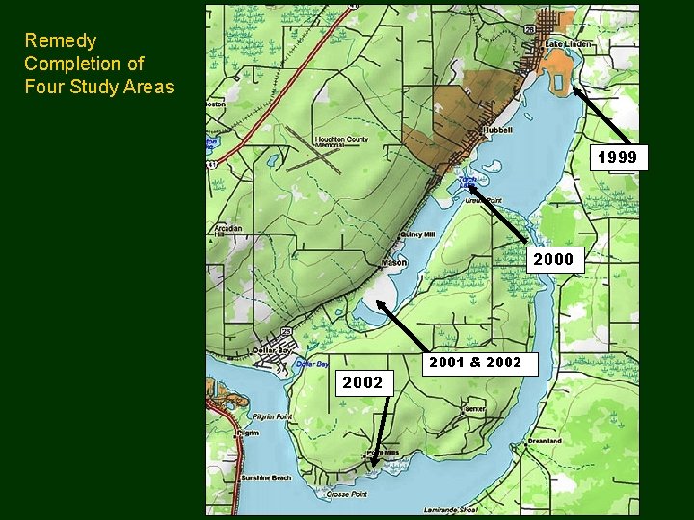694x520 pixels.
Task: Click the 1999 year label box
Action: coord(617,157)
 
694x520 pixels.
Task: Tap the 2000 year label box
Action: coord(552,258)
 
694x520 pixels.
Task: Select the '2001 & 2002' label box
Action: coord(474,362)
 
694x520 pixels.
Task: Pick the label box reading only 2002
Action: coord(362,382)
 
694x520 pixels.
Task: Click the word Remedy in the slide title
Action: coord(61,40)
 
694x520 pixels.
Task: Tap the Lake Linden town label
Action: coord(569,44)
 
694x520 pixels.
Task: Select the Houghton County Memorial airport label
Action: coord(342,143)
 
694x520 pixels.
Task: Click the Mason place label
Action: coord(393,262)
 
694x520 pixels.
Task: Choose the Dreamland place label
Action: coord(544,441)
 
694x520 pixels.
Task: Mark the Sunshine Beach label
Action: coord(268,477)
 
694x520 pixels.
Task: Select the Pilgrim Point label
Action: coord(270,417)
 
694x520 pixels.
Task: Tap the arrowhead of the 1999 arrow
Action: coord(574,90)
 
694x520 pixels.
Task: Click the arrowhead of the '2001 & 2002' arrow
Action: coord(379,303)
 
